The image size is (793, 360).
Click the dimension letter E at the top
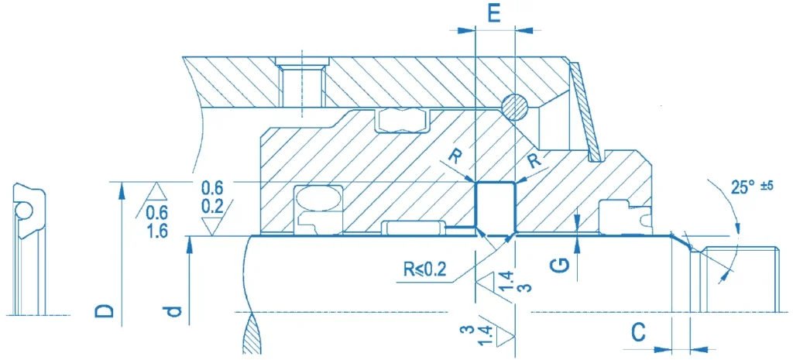(x=495, y=12)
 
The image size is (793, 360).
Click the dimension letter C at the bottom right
(x=639, y=332)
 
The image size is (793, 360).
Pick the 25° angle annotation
(x=744, y=187)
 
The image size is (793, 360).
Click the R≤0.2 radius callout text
(x=425, y=269)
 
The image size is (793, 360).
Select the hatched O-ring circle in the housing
(x=515, y=107)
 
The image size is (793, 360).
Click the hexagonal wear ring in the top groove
(x=402, y=119)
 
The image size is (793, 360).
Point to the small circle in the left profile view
(x=22, y=209)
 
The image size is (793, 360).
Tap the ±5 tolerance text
(x=768, y=186)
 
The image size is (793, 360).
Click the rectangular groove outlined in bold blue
(x=495, y=208)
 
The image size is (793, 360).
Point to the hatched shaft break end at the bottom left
(x=252, y=335)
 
